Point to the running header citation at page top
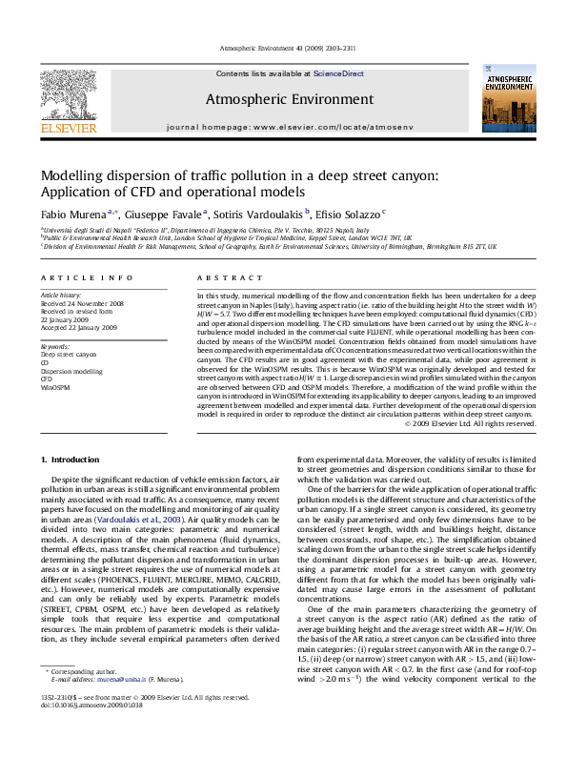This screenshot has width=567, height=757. [x=282, y=47]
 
